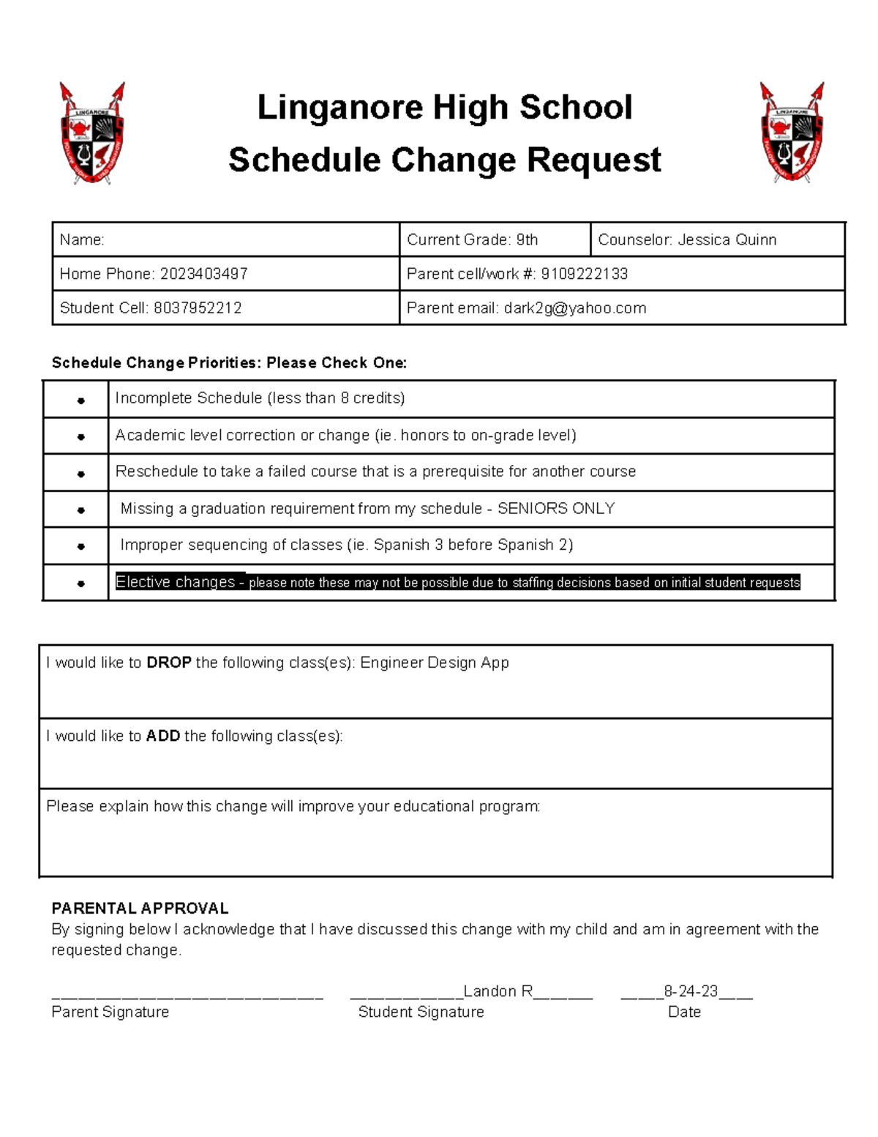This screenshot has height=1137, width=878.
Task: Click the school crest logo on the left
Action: click(92, 133)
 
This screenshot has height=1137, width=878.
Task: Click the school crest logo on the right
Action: click(792, 133)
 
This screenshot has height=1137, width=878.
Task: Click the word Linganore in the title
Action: click(341, 108)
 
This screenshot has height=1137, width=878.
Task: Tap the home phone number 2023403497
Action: click(203, 274)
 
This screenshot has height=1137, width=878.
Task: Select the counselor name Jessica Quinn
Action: click(727, 239)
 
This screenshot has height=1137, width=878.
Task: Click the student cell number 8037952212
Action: click(198, 308)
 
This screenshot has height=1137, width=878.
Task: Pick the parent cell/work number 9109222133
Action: click(584, 274)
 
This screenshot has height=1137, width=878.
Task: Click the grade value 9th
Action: click(527, 239)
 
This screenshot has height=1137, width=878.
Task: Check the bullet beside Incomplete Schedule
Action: click(80, 400)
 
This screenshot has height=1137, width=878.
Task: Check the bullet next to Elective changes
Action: click(80, 584)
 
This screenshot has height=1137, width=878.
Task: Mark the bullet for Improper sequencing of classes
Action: click(80, 546)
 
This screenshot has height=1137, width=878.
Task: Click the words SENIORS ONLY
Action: click(556, 509)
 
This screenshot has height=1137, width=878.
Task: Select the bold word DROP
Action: click(169, 663)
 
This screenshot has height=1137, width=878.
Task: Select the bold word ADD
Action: click(163, 736)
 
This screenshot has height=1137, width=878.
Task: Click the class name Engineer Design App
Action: click(434, 663)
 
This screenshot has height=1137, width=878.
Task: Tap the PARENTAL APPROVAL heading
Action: click(140, 909)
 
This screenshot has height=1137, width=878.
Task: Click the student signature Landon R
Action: click(498, 991)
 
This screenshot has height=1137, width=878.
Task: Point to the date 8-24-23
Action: click(691, 991)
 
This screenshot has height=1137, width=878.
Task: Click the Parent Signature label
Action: click(110, 1012)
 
